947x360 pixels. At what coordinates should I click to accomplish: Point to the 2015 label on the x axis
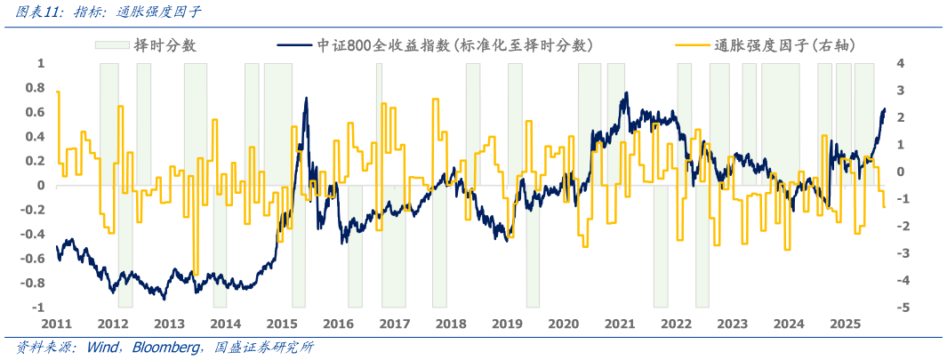click(282, 324)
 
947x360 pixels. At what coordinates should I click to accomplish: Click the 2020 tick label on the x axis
click(563, 324)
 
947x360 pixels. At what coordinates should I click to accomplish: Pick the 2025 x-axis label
click(845, 324)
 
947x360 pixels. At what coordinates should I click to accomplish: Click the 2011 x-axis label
click(57, 324)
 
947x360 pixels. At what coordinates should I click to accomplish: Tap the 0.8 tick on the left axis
click(36, 88)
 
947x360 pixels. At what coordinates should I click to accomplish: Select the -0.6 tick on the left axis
click(33, 259)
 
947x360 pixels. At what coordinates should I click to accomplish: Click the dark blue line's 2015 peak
click(306, 98)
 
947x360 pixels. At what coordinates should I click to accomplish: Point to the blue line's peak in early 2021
click(626, 92)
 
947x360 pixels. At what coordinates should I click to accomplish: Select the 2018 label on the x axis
click(451, 324)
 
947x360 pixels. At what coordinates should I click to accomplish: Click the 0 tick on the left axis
click(41, 186)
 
